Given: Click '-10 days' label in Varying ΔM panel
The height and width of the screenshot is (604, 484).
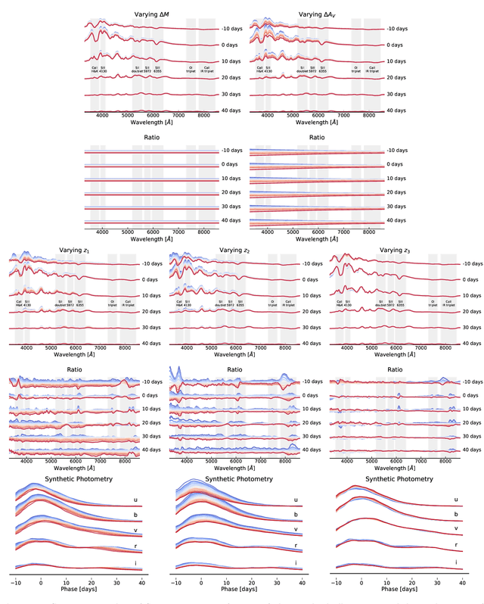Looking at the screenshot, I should [x=231, y=29].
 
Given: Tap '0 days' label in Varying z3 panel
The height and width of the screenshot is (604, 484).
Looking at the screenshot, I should [x=472, y=279].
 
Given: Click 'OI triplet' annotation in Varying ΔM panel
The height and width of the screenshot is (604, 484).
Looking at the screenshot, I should [x=192, y=69].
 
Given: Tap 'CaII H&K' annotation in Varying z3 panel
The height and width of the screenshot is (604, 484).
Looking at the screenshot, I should [x=339, y=304].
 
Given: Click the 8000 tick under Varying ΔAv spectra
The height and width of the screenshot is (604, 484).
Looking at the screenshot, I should [x=366, y=116].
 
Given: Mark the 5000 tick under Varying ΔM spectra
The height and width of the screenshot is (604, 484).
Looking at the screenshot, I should [x=128, y=116].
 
